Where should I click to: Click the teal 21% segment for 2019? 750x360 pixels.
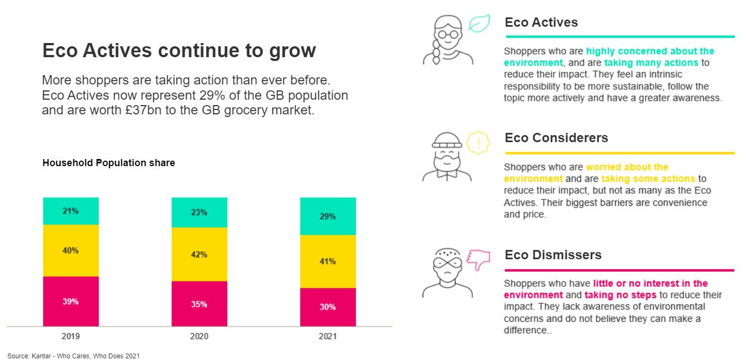pyautogui.click(x=71, y=211)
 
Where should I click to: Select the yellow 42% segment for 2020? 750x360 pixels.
pyautogui.click(x=199, y=254)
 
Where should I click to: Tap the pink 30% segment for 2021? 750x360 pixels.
pyautogui.click(x=328, y=307)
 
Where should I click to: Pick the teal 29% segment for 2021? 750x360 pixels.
pyautogui.click(x=328, y=216)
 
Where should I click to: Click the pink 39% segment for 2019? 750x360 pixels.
pyautogui.click(x=71, y=301)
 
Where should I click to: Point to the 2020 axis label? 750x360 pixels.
pyautogui.click(x=199, y=337)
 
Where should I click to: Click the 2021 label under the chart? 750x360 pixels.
pyautogui.click(x=328, y=337)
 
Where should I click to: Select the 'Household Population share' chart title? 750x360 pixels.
pyautogui.click(x=109, y=163)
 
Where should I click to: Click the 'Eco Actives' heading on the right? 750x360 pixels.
pyautogui.click(x=541, y=22)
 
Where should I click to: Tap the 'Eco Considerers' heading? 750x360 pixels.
pyautogui.click(x=556, y=138)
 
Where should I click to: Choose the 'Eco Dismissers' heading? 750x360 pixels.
pyautogui.click(x=553, y=255)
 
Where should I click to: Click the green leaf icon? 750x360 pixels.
pyautogui.click(x=479, y=23)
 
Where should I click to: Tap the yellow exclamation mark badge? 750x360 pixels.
pyautogui.click(x=478, y=143)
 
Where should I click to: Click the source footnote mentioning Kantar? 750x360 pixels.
pyautogui.click(x=73, y=356)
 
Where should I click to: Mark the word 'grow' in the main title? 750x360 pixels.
pyautogui.click(x=292, y=51)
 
